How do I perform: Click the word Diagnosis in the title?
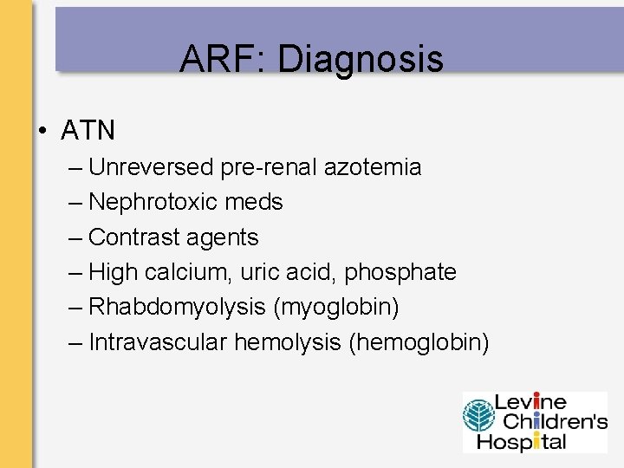click(x=361, y=60)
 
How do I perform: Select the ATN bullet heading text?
click(x=88, y=131)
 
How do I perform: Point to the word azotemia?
click(x=373, y=167)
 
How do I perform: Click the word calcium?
click(x=183, y=272)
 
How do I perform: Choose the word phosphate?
click(x=400, y=273)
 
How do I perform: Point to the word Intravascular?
click(x=159, y=342)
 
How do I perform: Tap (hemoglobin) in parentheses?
click(x=419, y=342)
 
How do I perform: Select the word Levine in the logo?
click(x=530, y=403)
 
